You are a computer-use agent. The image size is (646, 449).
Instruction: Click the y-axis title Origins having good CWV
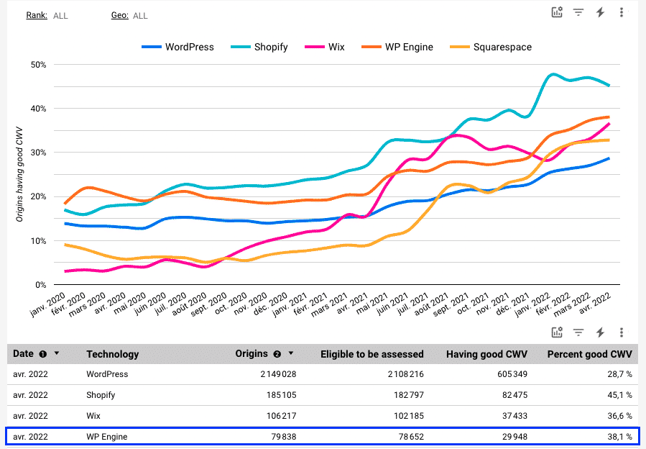pos(19,173)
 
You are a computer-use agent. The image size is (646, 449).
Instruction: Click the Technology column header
pos(112,354)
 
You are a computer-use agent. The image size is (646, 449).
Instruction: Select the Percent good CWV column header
pos(589,354)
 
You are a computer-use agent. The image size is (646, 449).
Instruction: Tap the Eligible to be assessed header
pos(372,354)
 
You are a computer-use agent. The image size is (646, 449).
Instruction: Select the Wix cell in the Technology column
pos(94,415)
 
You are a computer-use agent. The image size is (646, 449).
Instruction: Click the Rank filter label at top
pos(37,15)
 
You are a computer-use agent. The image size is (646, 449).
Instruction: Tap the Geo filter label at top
pos(119,15)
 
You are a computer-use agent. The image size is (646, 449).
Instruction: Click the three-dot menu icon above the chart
pos(622,12)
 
